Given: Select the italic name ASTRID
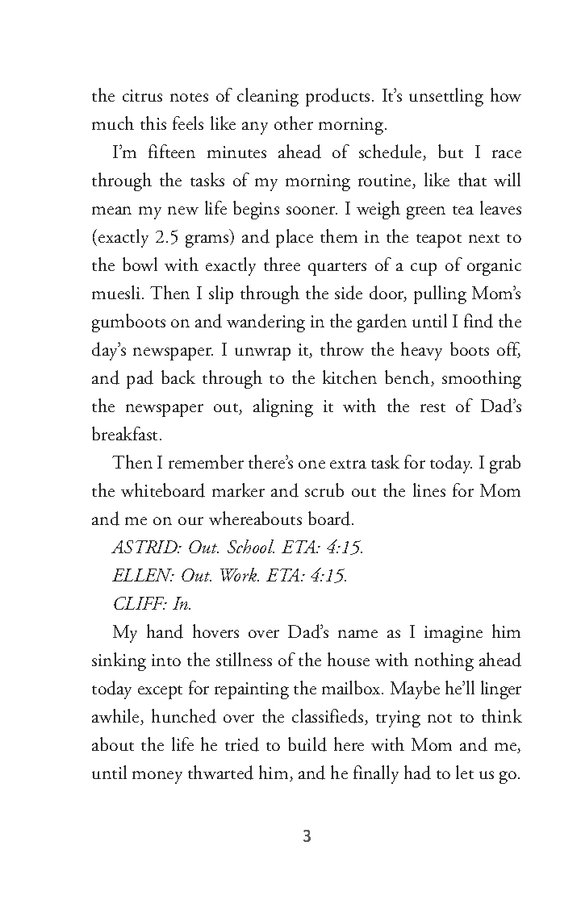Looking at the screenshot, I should (x=144, y=548).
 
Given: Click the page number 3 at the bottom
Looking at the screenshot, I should (x=306, y=836).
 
